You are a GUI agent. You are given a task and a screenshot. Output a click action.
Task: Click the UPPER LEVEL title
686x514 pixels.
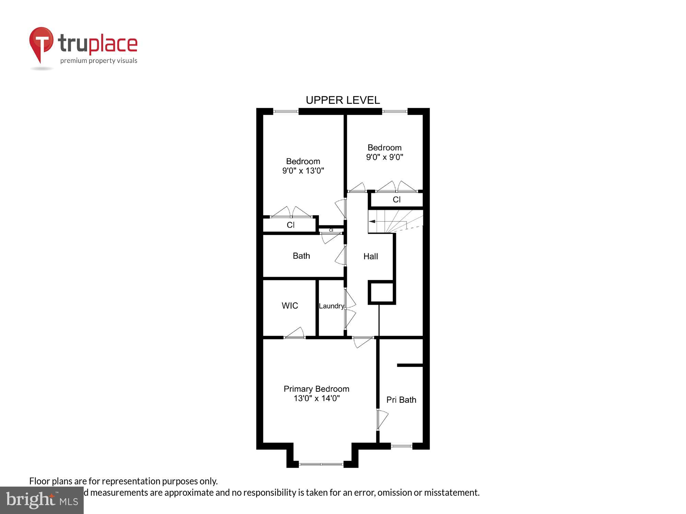point(343,100)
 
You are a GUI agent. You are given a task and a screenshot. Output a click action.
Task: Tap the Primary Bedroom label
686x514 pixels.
point(316,389)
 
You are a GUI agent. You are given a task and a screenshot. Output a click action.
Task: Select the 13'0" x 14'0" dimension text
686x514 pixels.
point(316,398)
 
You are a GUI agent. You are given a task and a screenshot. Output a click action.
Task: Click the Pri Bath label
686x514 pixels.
point(401,400)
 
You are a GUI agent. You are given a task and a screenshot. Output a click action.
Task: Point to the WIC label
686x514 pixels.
point(290,306)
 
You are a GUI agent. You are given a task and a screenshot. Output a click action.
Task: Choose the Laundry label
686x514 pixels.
point(331,306)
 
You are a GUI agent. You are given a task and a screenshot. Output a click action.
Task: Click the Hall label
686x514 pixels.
point(370,256)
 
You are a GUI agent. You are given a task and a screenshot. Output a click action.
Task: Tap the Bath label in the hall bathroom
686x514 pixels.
point(301,256)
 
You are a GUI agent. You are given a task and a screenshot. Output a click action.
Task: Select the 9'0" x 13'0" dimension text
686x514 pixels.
point(303,171)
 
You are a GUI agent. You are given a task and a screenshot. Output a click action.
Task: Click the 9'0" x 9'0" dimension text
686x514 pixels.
point(384,157)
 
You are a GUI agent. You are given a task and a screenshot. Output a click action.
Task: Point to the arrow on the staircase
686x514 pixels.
point(372,221)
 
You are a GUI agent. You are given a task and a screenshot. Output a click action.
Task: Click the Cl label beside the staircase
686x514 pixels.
point(397,200)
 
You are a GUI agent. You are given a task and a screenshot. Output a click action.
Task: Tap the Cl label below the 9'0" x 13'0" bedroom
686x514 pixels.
point(291,225)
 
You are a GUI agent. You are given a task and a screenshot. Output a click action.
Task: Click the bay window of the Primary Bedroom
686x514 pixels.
point(321,464)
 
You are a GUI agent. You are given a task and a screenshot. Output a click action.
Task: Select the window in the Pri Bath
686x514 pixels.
point(401,446)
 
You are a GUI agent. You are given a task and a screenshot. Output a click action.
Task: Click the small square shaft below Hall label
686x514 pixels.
point(381,292)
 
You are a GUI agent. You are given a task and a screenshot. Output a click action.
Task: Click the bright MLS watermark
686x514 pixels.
point(42,500)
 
